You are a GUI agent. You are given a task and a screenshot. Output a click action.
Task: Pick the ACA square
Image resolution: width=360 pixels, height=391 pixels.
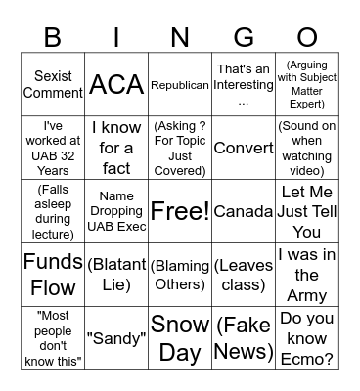pyautogui.click(x=116, y=85)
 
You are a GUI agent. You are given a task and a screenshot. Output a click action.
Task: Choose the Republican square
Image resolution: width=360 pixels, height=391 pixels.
pyautogui.click(x=180, y=85)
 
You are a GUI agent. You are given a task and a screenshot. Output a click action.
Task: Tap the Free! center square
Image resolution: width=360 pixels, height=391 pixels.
pyautogui.click(x=180, y=210)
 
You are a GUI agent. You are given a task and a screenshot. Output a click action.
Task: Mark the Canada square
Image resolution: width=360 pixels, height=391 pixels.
pyautogui.click(x=243, y=211)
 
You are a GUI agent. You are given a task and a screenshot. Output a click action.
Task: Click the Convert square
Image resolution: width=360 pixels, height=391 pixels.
pyautogui.click(x=243, y=149)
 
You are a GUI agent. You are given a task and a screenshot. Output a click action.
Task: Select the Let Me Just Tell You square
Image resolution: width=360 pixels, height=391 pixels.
pyautogui.click(x=306, y=211)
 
